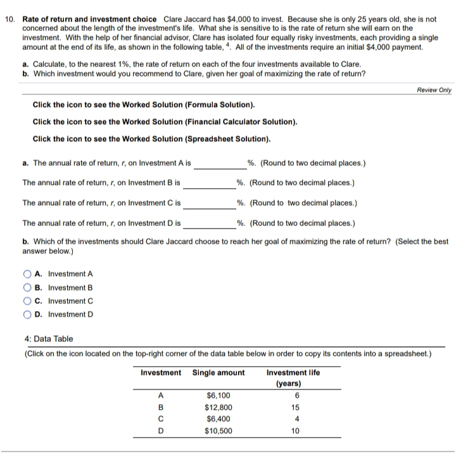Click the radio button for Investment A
28,274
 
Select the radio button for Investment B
28,288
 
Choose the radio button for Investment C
28,301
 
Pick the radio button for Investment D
28,314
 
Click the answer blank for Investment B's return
209,184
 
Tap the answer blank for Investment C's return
209,204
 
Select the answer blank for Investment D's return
209,224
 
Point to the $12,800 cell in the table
218,407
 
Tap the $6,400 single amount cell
218,419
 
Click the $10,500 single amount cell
218,431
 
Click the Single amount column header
218,372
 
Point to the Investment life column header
293,377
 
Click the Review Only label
434,90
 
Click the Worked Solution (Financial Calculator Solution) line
163,121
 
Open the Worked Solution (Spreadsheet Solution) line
151,138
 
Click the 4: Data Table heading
48,339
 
